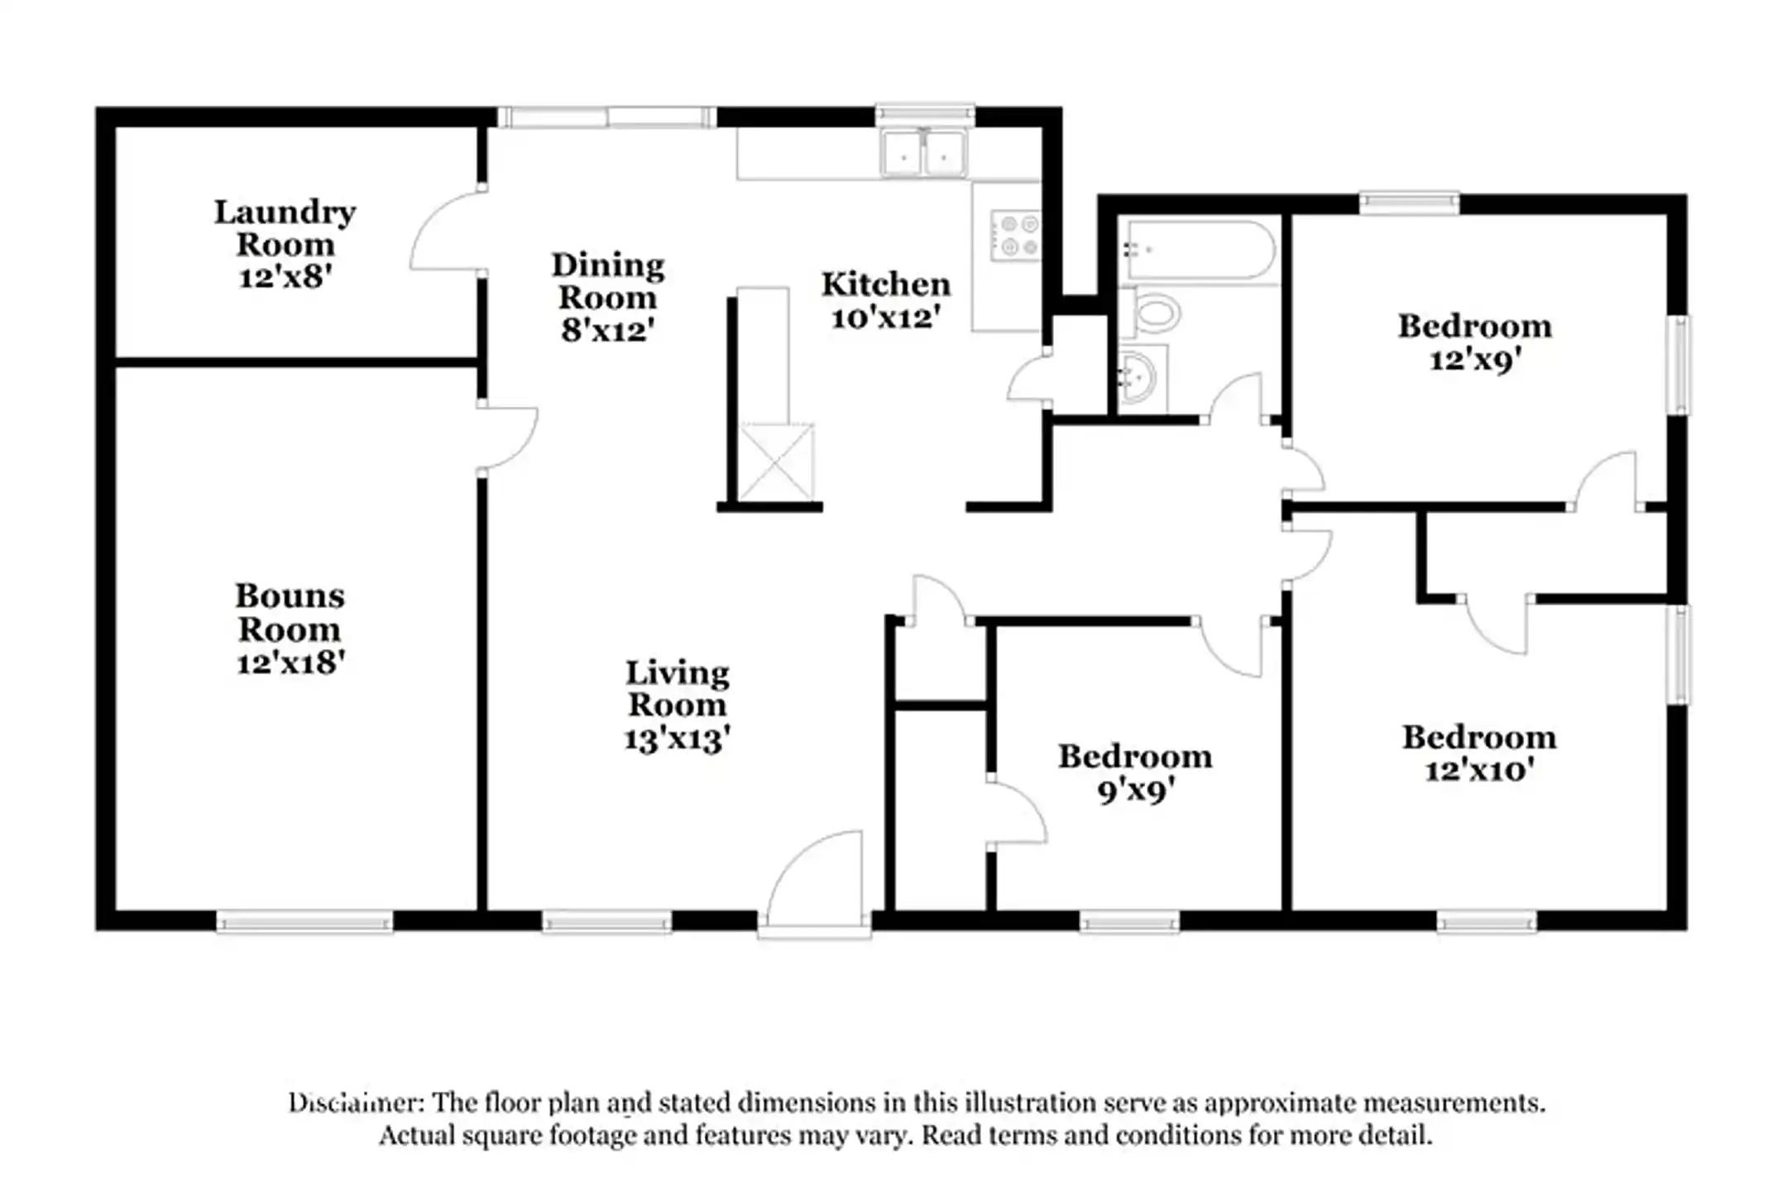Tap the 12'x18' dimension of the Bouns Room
pyautogui.click(x=290, y=663)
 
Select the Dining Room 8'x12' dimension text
pyautogui.click(x=608, y=331)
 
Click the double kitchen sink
pyautogui.click(x=923, y=154)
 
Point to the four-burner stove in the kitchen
pyautogui.click(x=1016, y=235)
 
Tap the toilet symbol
pyautogui.click(x=1152, y=314)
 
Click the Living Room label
pyautogui.click(x=677, y=688)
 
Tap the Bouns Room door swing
pyautogui.click(x=508, y=438)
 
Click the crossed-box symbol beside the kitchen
pyautogui.click(x=776, y=462)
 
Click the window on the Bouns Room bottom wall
pyautogui.click(x=304, y=921)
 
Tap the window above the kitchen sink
pyautogui.click(x=925, y=113)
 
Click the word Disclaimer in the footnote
pyautogui.click(x=356, y=1103)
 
